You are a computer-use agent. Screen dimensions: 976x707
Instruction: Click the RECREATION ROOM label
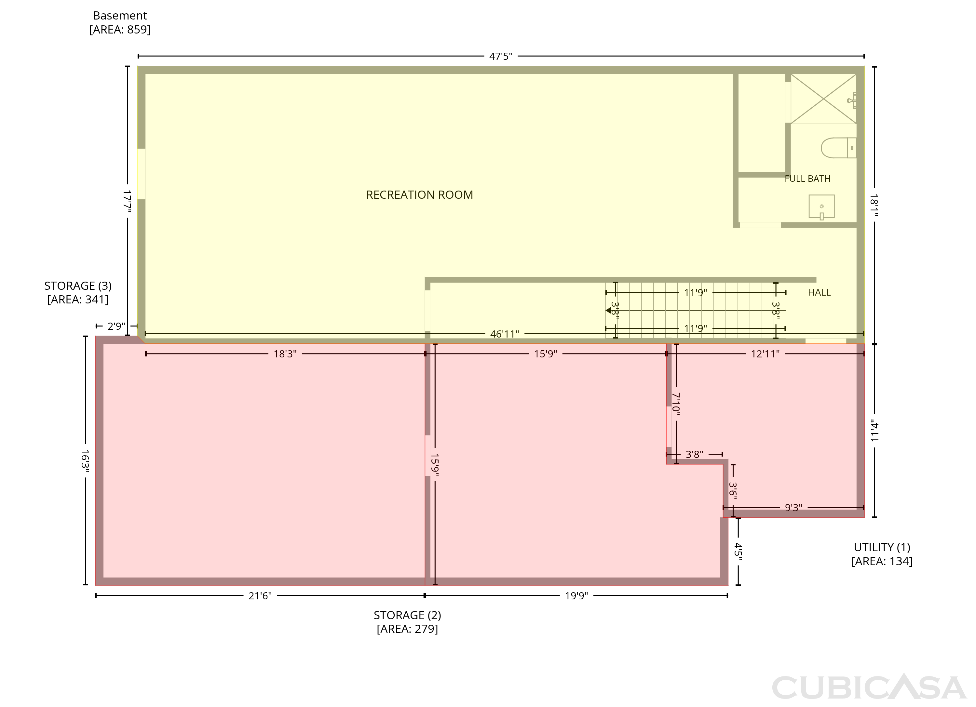click(420, 195)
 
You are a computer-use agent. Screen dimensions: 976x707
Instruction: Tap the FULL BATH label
click(807, 179)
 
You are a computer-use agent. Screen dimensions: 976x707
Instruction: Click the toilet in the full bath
click(838, 148)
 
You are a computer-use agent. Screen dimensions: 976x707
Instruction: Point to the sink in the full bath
click(821, 207)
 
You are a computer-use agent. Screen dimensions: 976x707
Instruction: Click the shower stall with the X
click(823, 99)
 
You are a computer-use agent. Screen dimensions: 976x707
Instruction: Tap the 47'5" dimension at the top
click(500, 56)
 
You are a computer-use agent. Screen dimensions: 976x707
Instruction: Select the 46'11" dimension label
click(504, 334)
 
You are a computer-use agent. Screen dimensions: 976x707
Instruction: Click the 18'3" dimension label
click(285, 354)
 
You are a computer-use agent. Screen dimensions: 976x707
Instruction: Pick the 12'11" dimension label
click(765, 354)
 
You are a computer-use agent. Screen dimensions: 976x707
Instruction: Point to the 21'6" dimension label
click(260, 596)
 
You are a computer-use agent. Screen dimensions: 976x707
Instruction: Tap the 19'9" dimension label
click(576, 596)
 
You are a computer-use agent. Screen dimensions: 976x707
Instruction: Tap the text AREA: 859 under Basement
click(120, 30)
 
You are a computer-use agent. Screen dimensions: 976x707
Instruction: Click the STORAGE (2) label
click(407, 615)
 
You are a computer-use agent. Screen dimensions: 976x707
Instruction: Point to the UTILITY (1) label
click(882, 547)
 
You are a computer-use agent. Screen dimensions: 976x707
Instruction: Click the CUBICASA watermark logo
click(869, 687)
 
